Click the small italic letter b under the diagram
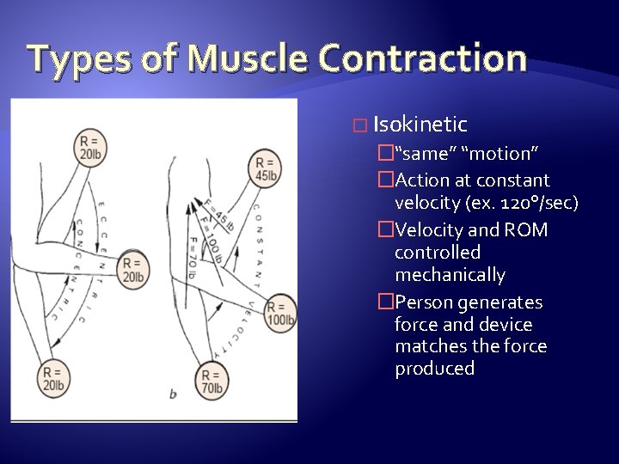[x=173, y=394]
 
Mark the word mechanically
[x=450, y=275]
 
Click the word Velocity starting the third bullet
[x=430, y=230]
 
